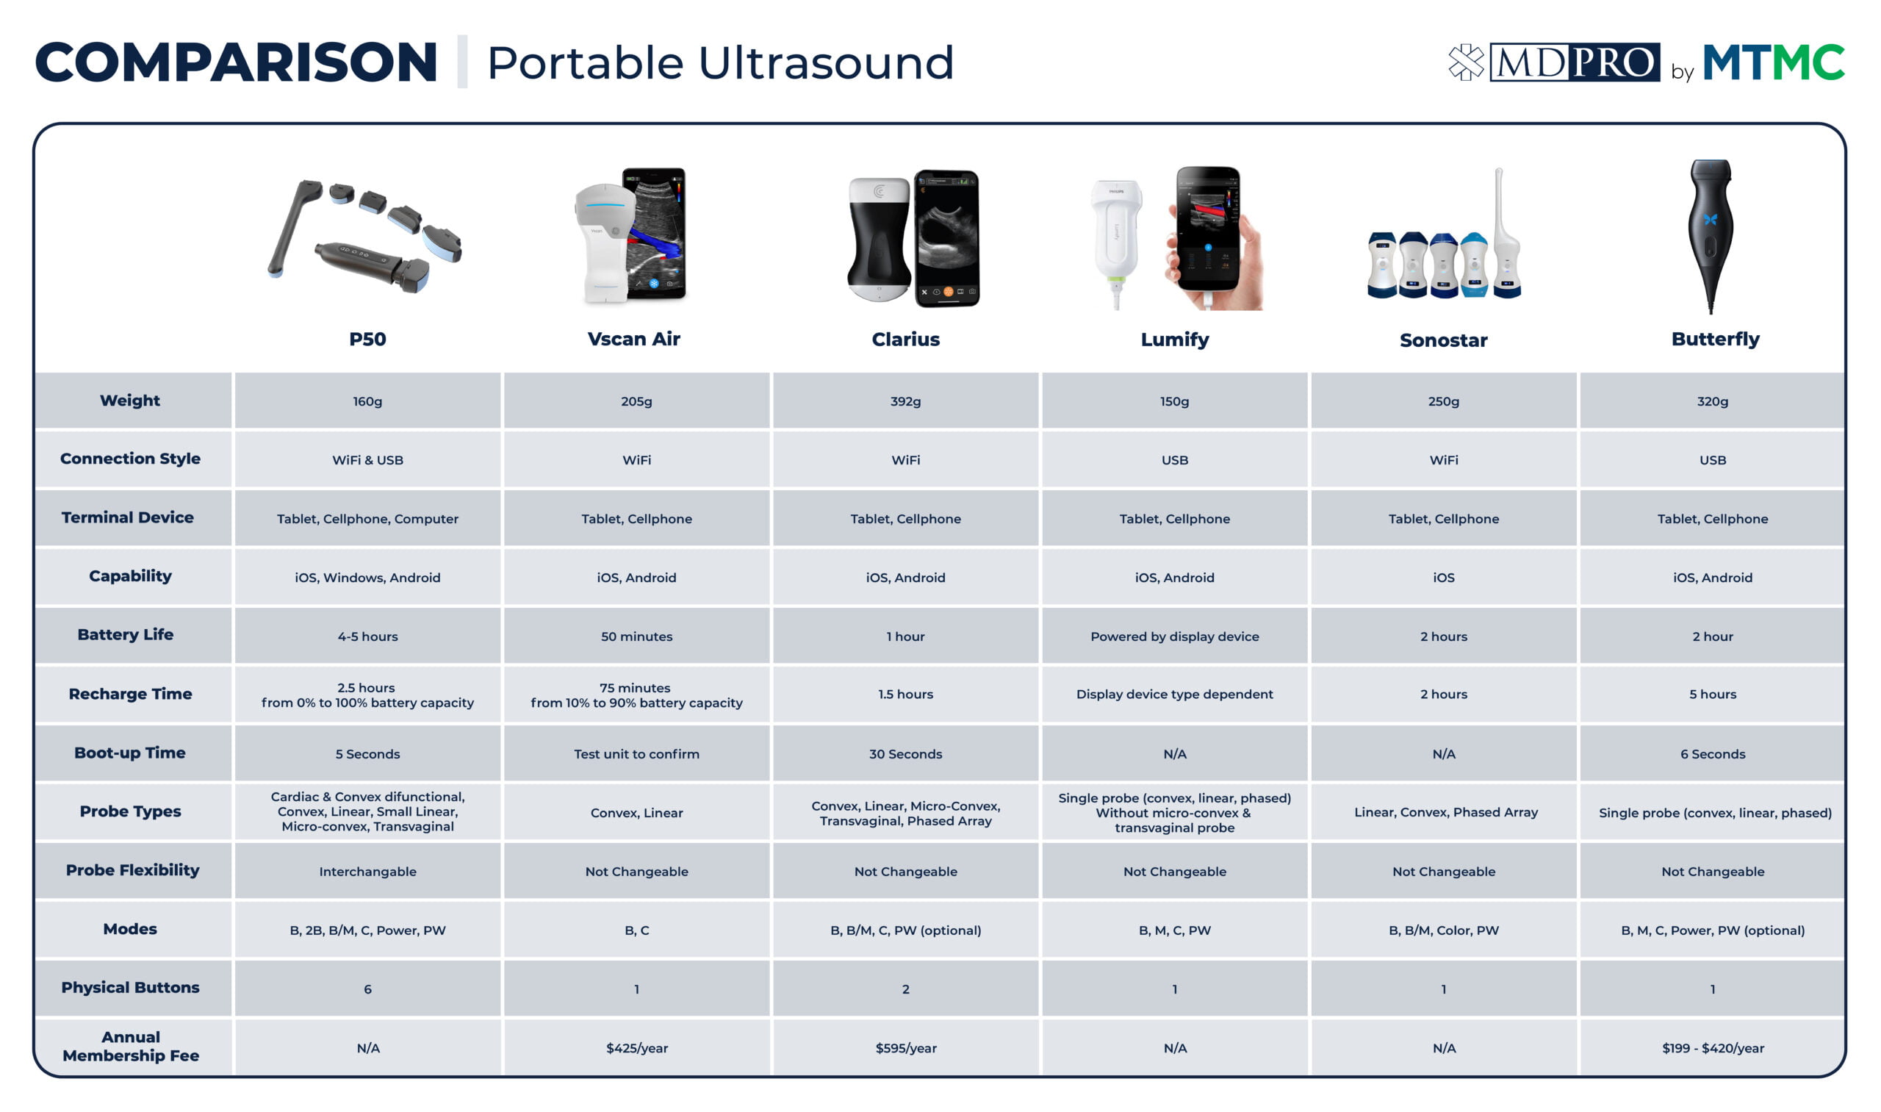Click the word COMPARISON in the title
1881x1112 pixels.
(236, 62)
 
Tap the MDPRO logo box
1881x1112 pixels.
(1574, 62)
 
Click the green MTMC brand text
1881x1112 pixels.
(1773, 62)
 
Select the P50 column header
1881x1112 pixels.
(367, 339)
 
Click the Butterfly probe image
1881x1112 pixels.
(1711, 236)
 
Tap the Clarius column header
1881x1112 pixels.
(905, 339)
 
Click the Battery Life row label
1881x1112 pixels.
(125, 635)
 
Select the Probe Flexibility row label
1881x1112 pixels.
(132, 870)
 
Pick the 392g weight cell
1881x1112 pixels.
(905, 401)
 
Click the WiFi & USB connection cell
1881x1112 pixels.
(367, 459)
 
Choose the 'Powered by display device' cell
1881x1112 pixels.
(1174, 636)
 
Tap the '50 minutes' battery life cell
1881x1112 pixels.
(636, 636)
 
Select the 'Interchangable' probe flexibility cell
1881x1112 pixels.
(367, 872)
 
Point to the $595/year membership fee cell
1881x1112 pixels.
(905, 1047)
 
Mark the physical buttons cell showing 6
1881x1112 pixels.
(367, 989)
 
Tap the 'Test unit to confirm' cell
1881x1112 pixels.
(636, 754)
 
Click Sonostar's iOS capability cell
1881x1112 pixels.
(1443, 577)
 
